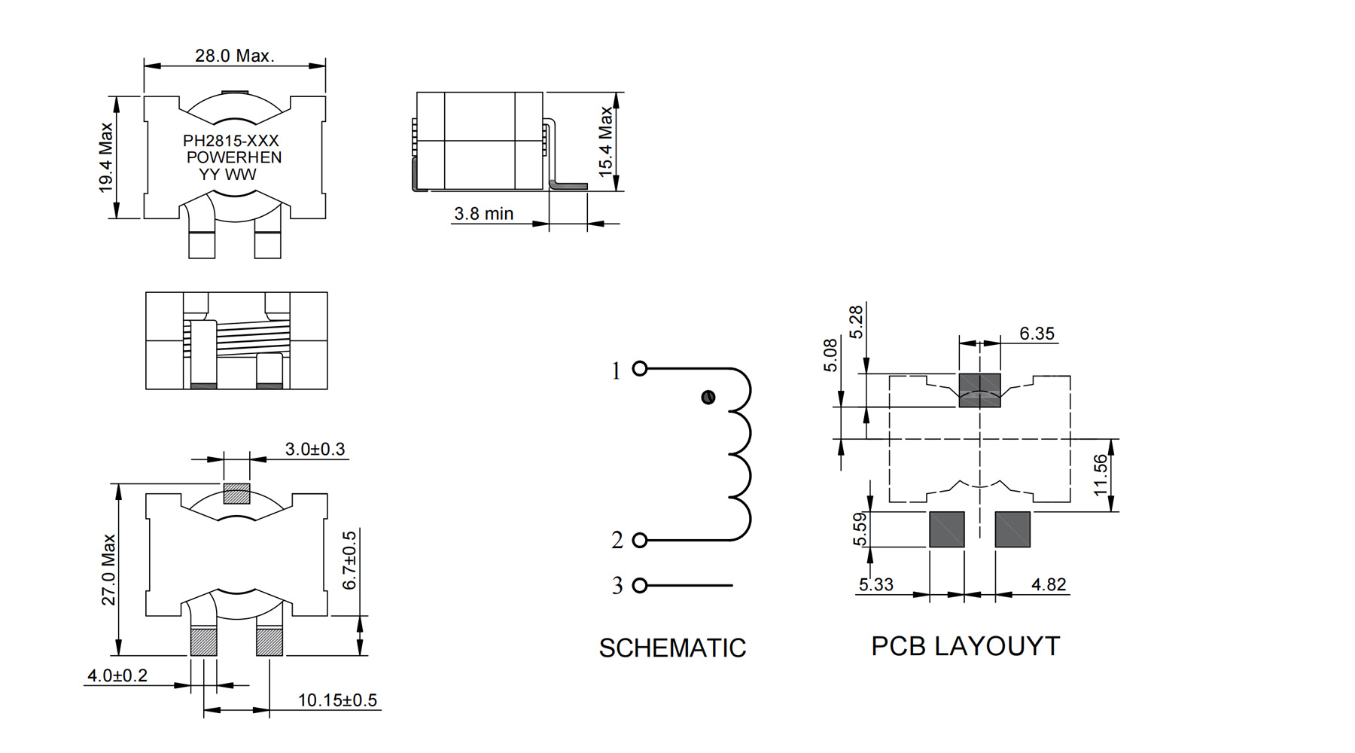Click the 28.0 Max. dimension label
[234, 56]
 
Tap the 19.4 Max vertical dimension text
[106, 157]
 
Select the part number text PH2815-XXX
[231, 141]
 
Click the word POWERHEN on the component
[234, 157]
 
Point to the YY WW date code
[227, 175]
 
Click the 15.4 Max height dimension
[606, 142]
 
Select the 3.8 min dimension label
[483, 214]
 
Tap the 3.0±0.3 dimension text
[315, 450]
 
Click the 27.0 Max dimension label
[109, 569]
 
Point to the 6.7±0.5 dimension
[350, 560]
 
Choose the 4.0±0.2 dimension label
[117, 675]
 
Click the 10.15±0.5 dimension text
[337, 700]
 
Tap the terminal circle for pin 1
[640, 368]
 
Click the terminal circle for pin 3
[640, 585]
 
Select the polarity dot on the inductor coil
[708, 397]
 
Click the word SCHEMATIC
[672, 648]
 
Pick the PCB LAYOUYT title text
[966, 646]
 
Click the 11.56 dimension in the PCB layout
[1101, 474]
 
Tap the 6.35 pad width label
[1037, 334]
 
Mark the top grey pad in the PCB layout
[979, 390]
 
